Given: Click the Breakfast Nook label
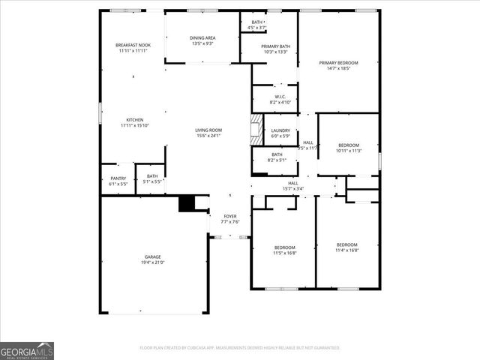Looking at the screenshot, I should [x=133, y=45].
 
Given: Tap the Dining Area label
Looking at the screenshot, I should [x=202, y=37].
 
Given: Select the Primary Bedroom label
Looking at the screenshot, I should [x=338, y=63].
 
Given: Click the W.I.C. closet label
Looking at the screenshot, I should [x=280, y=96].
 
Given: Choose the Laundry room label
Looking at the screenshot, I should [x=280, y=130].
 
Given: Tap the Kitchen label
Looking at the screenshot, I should [x=134, y=120].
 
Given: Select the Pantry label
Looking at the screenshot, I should [x=118, y=178].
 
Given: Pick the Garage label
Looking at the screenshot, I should [x=152, y=256].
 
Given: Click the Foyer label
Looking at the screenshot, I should [x=230, y=215].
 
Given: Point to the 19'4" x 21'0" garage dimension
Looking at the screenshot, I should [x=152, y=262].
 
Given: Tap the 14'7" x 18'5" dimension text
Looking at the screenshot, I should [x=338, y=69].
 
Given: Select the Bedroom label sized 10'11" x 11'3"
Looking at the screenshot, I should [x=349, y=145].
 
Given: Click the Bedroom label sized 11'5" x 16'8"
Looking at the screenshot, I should [x=284, y=247].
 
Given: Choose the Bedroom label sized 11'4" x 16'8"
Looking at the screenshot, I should [x=346, y=244].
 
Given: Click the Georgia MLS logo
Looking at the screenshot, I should [x=27, y=350].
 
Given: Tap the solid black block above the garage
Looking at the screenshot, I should [x=186, y=204].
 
